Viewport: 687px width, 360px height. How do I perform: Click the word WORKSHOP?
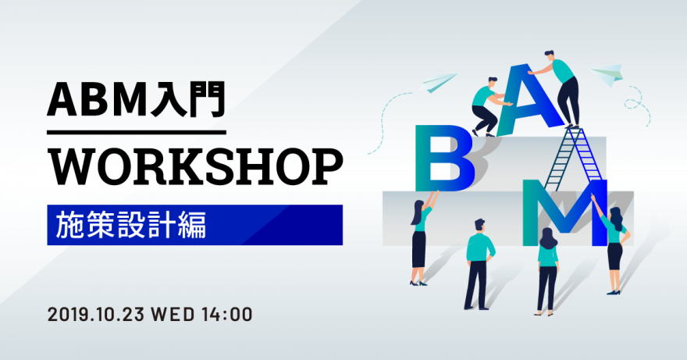click(195, 167)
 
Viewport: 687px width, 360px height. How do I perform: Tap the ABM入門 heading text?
click(136, 99)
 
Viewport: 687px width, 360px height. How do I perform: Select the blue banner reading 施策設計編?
click(195, 225)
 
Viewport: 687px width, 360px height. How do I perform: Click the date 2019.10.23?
click(96, 315)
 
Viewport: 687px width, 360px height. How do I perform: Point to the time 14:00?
click(227, 315)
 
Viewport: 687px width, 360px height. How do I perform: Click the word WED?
click(173, 315)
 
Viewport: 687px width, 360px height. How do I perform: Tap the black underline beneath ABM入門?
click(137, 132)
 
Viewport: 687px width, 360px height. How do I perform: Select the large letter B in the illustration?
click(444, 159)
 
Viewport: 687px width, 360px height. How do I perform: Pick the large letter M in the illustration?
click(564, 212)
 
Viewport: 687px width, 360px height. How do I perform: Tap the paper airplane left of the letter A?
click(439, 83)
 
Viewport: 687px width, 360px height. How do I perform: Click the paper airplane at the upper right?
click(607, 73)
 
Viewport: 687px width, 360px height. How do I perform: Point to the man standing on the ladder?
click(558, 87)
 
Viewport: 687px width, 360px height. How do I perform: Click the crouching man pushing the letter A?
click(487, 106)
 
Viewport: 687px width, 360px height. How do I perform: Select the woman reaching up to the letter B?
click(422, 239)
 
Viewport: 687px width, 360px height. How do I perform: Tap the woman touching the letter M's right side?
click(613, 244)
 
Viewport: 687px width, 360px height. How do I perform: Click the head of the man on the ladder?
click(549, 55)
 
